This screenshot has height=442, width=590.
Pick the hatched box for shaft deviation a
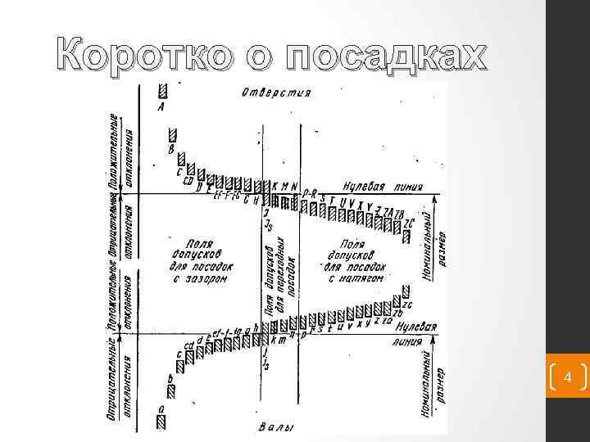click(161, 422)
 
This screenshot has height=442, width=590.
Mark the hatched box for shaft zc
click(406, 293)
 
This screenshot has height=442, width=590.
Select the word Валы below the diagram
click(272, 426)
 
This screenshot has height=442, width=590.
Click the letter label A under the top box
click(161, 106)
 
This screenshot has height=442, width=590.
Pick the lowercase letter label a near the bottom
click(161, 408)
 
